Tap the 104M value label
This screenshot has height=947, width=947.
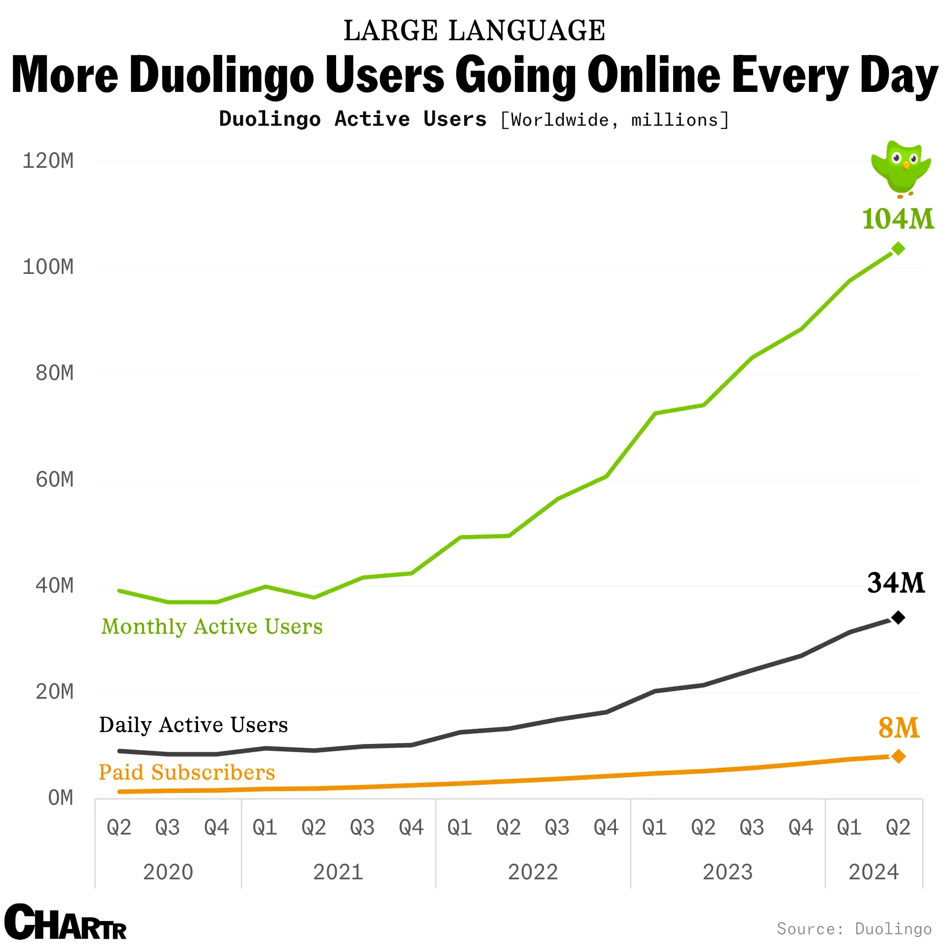[898, 219]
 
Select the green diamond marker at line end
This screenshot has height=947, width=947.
[898, 249]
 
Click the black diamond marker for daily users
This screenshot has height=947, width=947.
[898, 618]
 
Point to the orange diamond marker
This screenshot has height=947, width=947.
[898, 757]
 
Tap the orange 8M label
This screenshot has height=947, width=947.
[899, 728]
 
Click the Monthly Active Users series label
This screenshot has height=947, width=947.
[212, 627]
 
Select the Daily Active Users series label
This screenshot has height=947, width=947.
[193, 725]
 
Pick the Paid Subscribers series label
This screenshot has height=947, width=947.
[187, 772]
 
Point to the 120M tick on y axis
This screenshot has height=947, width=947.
[48, 161]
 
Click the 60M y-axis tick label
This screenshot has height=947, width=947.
[54, 479]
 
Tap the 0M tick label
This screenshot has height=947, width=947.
[60, 798]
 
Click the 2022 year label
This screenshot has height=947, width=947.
[533, 872]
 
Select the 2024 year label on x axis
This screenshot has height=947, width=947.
[873, 872]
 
